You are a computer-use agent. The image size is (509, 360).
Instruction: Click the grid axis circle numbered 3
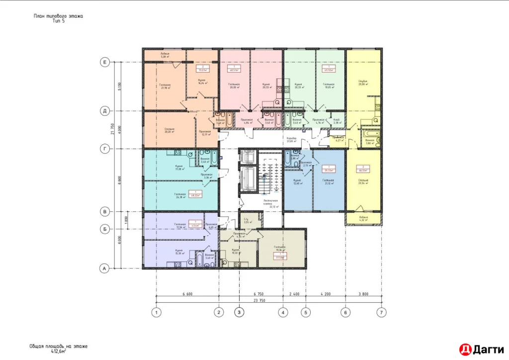tap(240, 313)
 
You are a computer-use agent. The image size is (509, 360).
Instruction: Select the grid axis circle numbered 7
tap(381, 313)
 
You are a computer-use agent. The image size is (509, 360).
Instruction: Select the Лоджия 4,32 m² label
tap(364, 219)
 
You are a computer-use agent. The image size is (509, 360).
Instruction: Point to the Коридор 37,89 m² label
tap(291, 139)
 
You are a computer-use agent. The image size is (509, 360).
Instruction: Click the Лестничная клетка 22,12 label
tap(271, 205)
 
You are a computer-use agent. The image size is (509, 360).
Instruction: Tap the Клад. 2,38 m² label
tap(337, 121)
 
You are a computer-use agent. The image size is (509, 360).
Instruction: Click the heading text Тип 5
tap(59, 21)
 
